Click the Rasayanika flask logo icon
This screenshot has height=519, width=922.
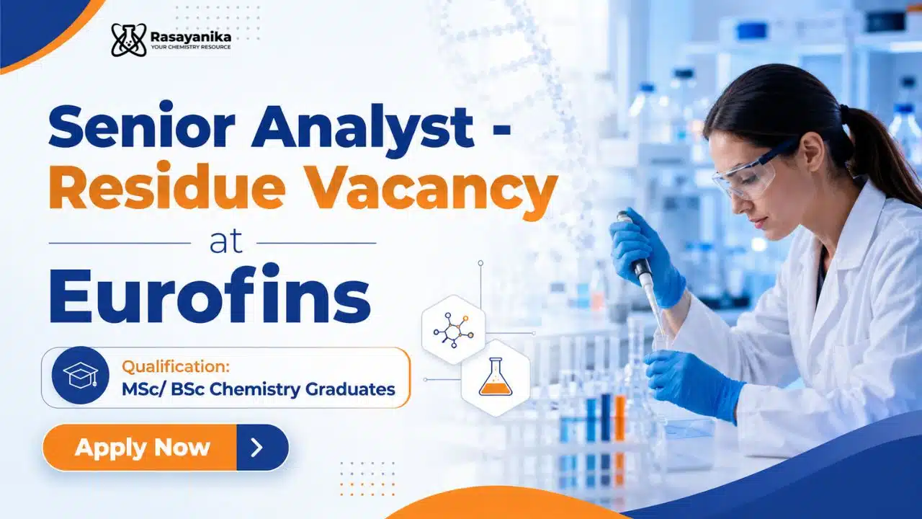coord(129,40)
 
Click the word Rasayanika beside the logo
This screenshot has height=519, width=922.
coord(191,37)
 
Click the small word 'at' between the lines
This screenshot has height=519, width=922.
coord(225,242)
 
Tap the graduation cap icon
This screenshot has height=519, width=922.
coord(80,376)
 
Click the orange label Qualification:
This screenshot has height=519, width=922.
coord(176,366)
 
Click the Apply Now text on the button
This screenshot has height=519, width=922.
coord(143,448)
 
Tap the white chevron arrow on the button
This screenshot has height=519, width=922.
coord(257,448)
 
